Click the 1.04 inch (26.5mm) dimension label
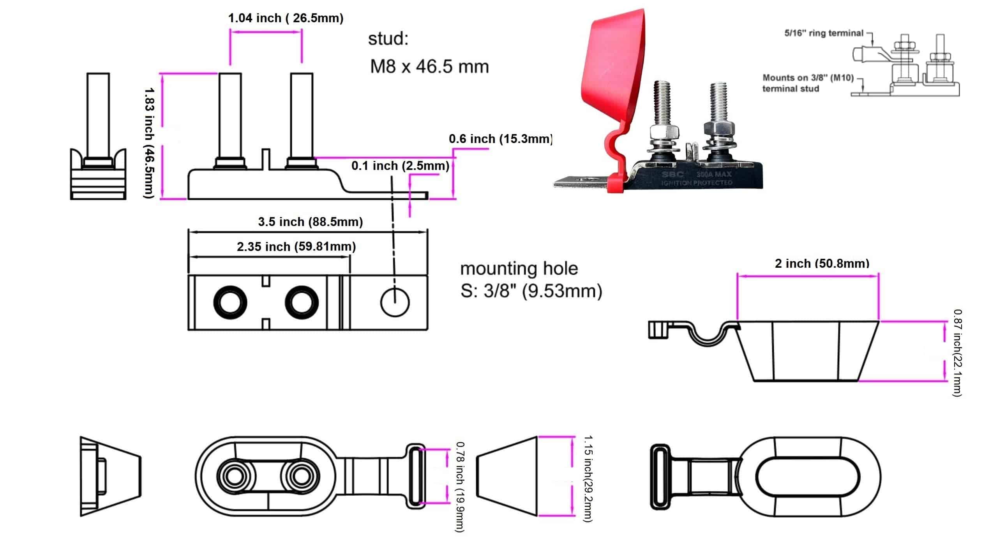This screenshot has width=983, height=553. [x=285, y=18]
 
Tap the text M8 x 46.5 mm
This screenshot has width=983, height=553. [x=429, y=67]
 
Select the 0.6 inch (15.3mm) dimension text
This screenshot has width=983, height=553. [x=500, y=139]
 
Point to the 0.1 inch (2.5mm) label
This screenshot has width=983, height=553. [x=400, y=166]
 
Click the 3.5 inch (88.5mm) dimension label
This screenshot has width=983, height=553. [x=310, y=222]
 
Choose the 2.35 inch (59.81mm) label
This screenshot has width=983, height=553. [x=296, y=247]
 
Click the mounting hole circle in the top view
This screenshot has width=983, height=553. [x=394, y=302]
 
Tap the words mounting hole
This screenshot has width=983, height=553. [x=519, y=269]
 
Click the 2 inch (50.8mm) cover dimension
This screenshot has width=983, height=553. [x=822, y=263]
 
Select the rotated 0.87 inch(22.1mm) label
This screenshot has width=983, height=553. [x=957, y=353]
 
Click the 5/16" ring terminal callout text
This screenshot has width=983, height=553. [x=824, y=33]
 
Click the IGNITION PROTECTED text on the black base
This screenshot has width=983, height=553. [x=696, y=183]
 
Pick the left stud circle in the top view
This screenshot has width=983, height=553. [x=230, y=302]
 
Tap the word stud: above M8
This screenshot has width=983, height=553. [x=388, y=39]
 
